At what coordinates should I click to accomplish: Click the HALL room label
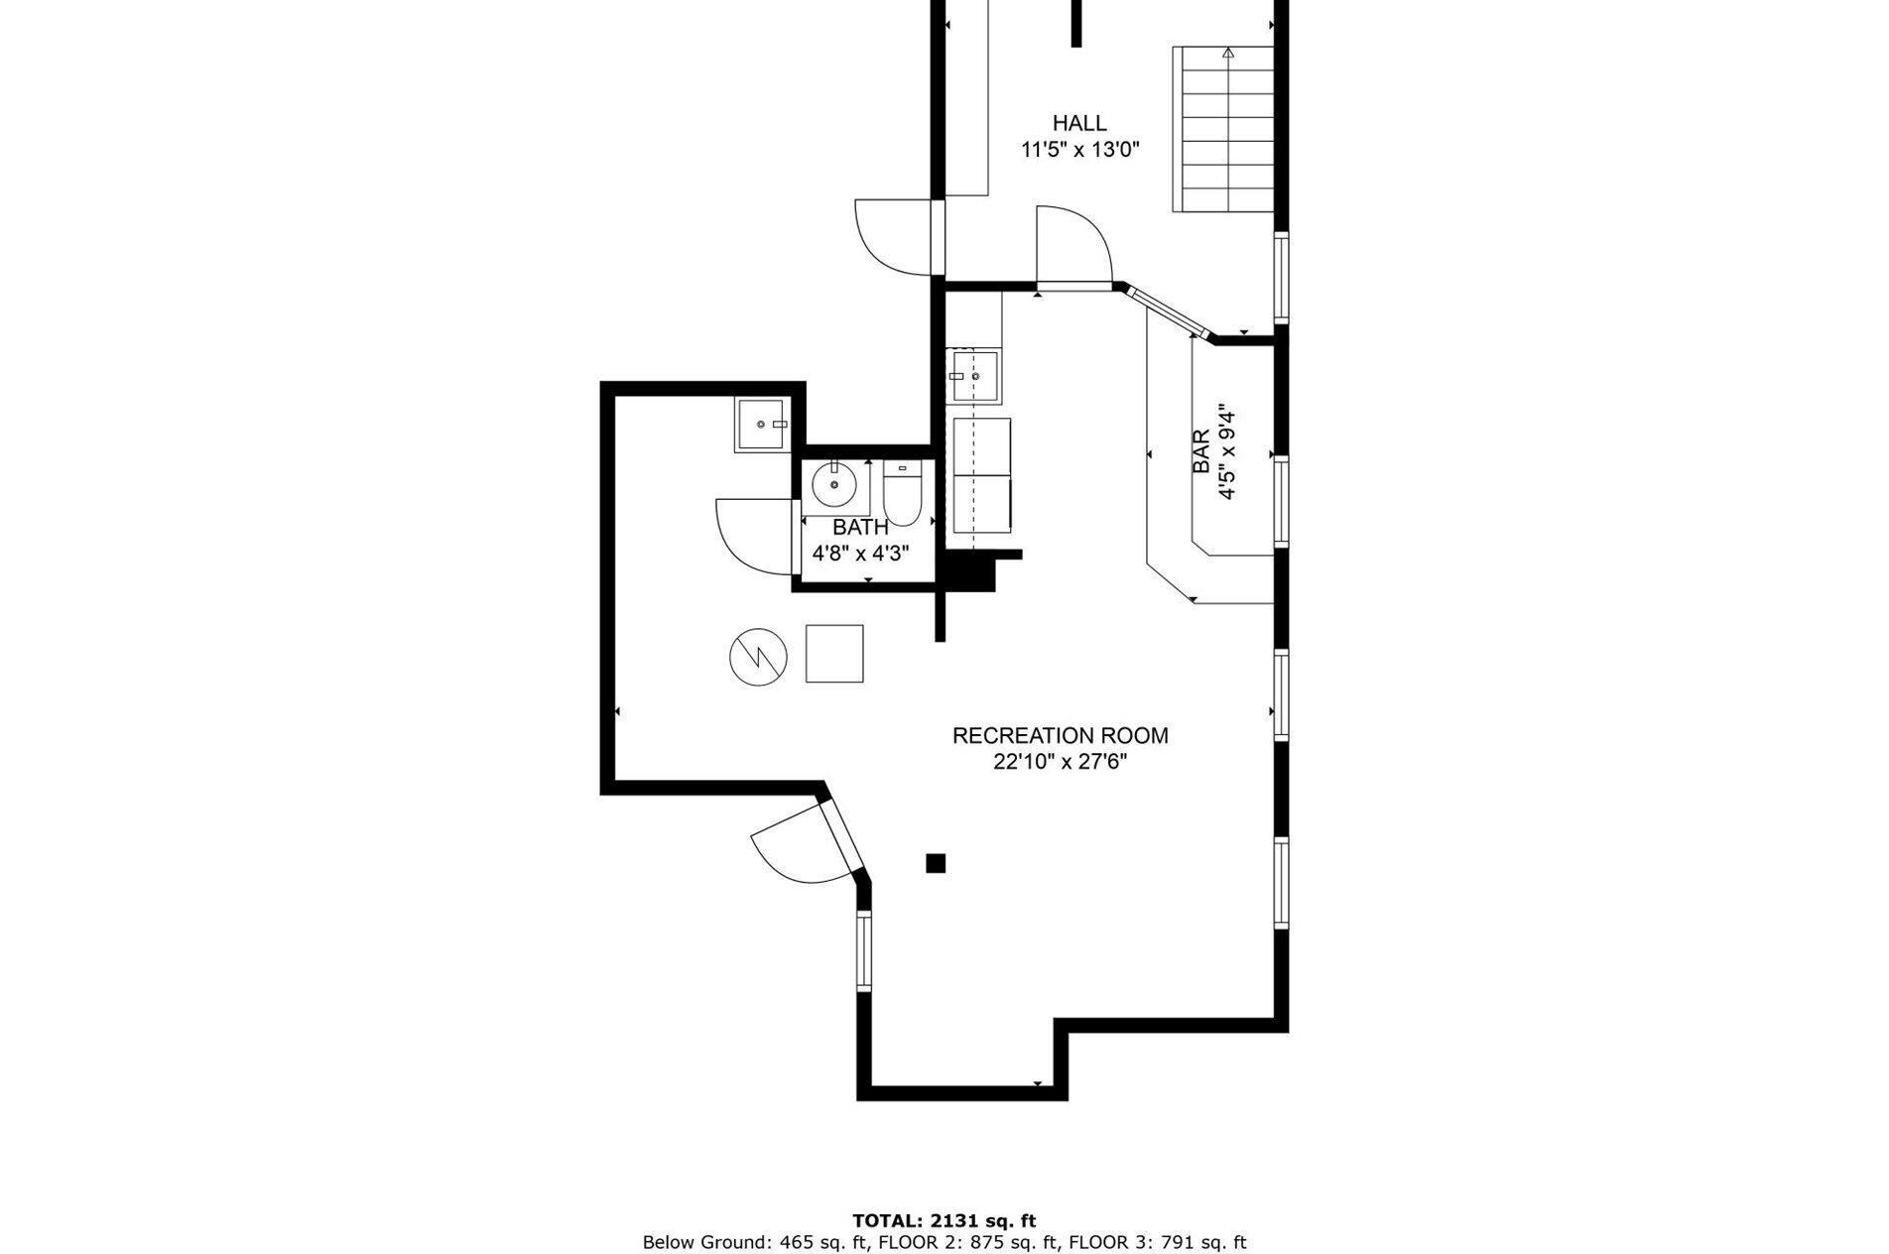[x=1079, y=124]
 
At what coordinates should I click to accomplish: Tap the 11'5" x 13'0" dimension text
[x=1080, y=151]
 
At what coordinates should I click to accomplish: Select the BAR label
[x=1200, y=451]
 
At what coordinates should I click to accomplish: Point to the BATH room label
[x=860, y=528]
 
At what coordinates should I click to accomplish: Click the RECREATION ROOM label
[x=1061, y=736]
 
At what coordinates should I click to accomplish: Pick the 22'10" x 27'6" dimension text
[x=1061, y=762]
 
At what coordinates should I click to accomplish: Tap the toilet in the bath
[x=903, y=492]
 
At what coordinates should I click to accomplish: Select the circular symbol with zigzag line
[x=758, y=656]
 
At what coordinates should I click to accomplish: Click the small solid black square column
[x=936, y=863]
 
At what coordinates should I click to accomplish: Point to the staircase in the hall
[x=1223, y=129]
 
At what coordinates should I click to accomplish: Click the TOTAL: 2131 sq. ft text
[x=944, y=1221]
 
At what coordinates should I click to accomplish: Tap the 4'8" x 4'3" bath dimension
[x=861, y=554]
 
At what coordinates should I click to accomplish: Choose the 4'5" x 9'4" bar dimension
[x=1228, y=451]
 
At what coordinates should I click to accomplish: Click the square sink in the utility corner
[x=759, y=426]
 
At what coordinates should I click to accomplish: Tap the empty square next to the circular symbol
[x=834, y=654]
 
